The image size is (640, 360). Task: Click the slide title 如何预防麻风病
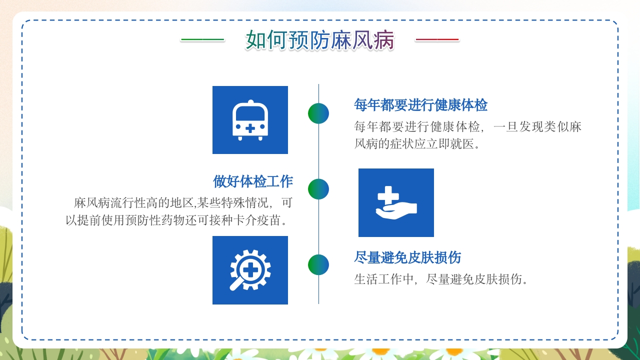click(320, 40)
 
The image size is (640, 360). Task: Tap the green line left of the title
click(202, 40)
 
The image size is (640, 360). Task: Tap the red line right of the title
click(437, 40)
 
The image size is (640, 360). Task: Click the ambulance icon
click(250, 120)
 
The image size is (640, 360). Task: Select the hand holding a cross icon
click(396, 202)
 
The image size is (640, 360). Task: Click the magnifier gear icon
click(250, 270)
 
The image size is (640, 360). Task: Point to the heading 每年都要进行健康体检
click(420, 105)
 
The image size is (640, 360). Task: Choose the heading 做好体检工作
click(253, 181)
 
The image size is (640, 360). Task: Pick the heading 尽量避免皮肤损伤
click(407, 258)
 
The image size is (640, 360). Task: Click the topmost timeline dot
click(318, 113)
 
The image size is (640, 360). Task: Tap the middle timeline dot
click(318, 189)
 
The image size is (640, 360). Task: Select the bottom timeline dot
click(318, 264)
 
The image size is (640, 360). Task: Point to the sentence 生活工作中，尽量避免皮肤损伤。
click(441, 279)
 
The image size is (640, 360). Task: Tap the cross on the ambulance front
click(250, 128)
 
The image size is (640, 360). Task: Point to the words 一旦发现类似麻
click(537, 126)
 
